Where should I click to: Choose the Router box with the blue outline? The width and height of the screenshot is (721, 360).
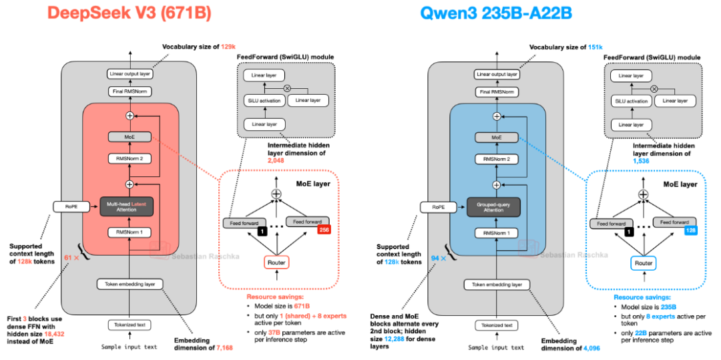click(x=644, y=262)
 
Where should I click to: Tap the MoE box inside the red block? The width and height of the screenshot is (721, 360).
click(x=130, y=136)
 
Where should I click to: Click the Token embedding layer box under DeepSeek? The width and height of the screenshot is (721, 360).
click(x=130, y=284)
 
